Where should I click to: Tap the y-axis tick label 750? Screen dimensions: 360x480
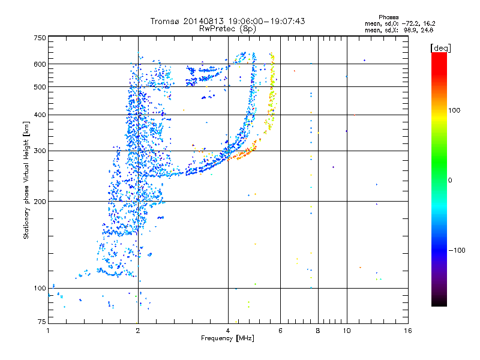click(x=40, y=38)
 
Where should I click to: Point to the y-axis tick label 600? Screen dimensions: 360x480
click(x=40, y=64)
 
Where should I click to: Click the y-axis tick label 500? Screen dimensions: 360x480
click(x=40, y=87)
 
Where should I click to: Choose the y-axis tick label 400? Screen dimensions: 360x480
click(x=40, y=115)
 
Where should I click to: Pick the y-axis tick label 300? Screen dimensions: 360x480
click(x=40, y=151)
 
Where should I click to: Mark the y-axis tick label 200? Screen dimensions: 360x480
click(x=40, y=201)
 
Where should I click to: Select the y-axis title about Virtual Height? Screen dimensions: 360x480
click(x=26, y=180)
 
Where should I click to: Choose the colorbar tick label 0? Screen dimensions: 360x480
click(x=451, y=180)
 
